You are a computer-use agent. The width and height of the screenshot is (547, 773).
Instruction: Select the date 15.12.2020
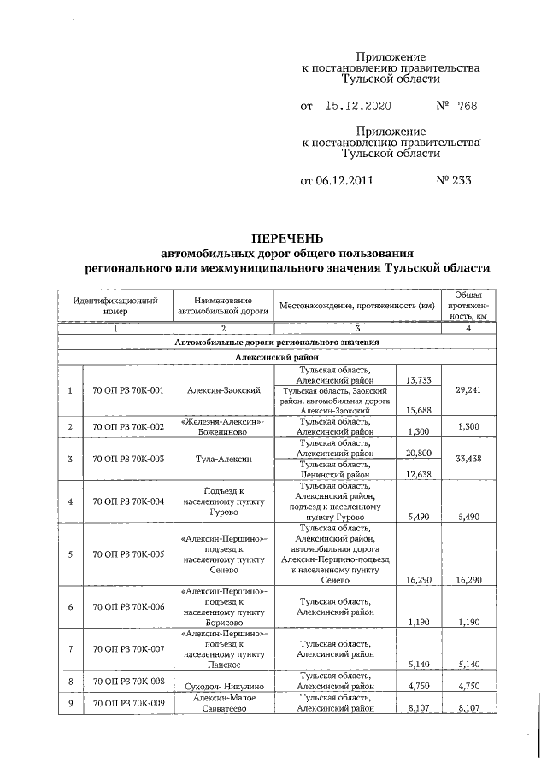coord(358,107)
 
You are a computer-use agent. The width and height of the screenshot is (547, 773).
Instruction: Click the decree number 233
coord(455,180)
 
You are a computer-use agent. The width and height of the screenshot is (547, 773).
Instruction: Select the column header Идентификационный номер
coord(115,306)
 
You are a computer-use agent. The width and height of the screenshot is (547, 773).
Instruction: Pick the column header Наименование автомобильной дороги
coord(222,306)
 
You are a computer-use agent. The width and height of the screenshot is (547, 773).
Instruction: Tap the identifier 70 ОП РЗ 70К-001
coord(127,390)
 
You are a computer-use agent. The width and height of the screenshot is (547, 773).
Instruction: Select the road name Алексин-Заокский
coord(223,390)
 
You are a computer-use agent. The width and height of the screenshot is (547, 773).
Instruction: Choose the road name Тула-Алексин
coord(223,460)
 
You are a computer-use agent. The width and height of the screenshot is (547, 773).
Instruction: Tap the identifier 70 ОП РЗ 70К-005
coord(127,553)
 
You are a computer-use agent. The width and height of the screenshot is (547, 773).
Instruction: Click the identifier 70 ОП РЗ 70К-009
coord(127,702)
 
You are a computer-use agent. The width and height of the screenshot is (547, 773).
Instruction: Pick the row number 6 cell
coord(70,607)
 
